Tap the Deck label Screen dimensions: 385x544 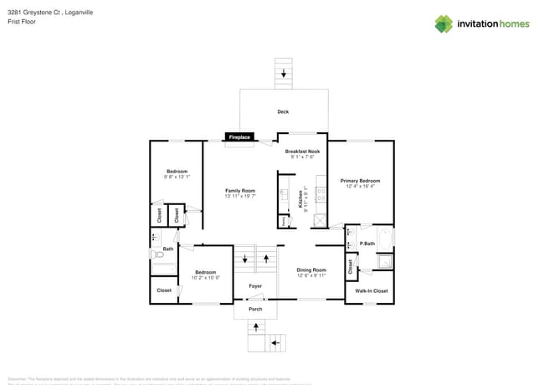click(283, 111)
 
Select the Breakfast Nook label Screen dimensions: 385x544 click(302, 151)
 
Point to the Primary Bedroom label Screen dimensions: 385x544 click(360, 181)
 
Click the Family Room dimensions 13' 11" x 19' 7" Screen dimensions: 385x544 click(240, 196)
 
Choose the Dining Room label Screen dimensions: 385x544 click(311, 269)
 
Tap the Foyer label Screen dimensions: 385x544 click(255, 286)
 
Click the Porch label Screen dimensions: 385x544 click(255, 309)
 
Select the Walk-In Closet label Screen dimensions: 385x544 click(371, 291)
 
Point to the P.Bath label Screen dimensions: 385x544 click(366, 244)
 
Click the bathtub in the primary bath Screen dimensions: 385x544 click(384, 239)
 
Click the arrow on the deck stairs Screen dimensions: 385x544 click(283, 73)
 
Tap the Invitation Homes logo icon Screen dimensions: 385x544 click(443, 23)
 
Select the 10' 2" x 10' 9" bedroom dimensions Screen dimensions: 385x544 click(206, 277)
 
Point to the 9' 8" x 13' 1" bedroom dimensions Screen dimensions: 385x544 click(176, 177)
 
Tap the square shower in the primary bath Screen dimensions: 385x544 click(382, 261)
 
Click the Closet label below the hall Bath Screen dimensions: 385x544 click(163, 290)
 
